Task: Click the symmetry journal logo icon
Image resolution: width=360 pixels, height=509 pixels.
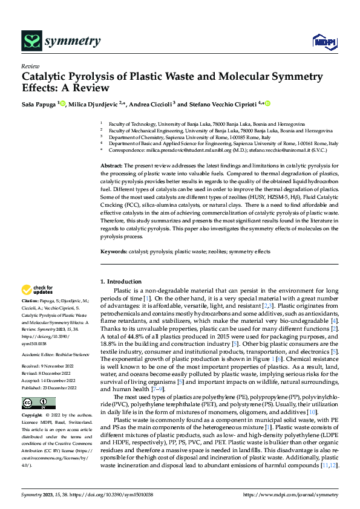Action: point(31,41)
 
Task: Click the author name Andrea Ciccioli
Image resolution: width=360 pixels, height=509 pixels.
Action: point(152,104)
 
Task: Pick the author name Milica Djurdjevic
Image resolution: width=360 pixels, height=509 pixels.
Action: point(93,104)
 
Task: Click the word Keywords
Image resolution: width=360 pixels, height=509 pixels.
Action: point(113,251)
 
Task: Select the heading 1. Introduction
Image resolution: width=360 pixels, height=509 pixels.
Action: point(122,282)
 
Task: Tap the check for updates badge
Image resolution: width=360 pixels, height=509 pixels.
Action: point(39,291)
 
